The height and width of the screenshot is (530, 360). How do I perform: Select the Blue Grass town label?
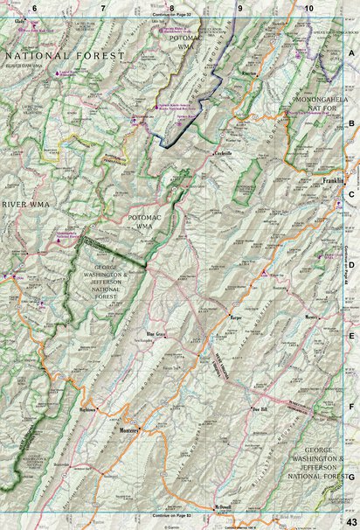(157, 334)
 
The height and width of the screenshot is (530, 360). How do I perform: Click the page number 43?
(351, 522)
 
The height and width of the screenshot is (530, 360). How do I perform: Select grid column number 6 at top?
(36, 7)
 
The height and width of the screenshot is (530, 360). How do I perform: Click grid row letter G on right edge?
(351, 477)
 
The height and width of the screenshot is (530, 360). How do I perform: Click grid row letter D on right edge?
(351, 267)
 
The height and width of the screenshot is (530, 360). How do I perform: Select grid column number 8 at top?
(171, 7)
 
